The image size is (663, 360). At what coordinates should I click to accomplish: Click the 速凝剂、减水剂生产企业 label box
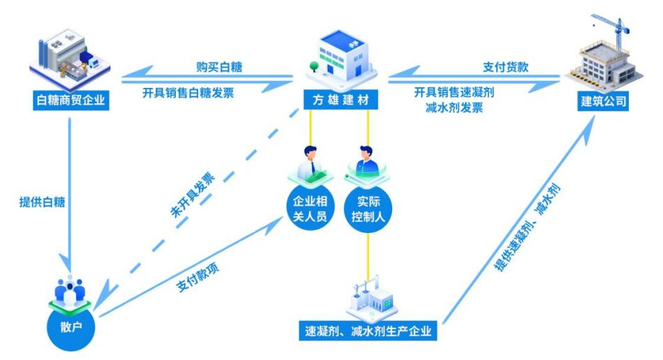coord(368,331)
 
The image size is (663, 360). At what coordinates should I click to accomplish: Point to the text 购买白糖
coord(218,68)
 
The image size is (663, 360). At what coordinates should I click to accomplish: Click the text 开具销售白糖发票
coord(196,93)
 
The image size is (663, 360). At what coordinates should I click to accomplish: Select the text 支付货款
coord(505,68)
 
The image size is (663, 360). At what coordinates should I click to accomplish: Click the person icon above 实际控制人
coord(367,162)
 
